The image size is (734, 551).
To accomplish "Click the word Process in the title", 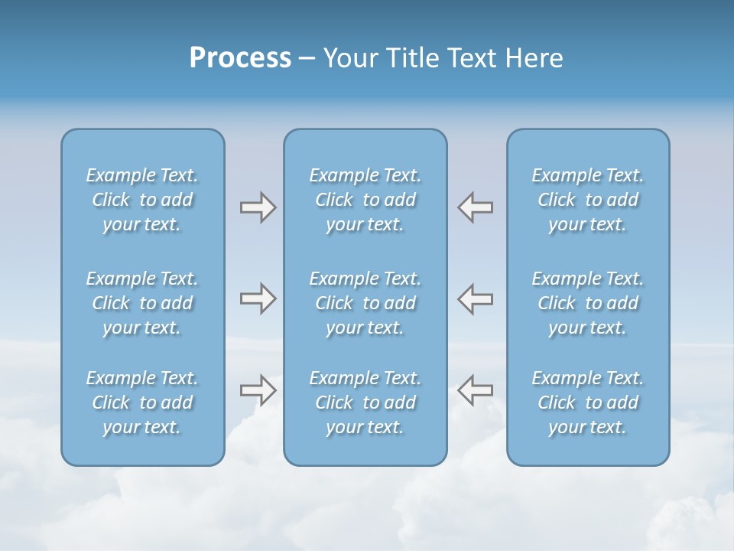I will point(240,58).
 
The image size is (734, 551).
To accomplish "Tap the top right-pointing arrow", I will point(258,207).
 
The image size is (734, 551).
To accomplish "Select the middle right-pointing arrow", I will point(258,298).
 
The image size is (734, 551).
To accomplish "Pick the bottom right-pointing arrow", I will point(258,390).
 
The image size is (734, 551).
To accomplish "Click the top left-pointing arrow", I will point(476,207).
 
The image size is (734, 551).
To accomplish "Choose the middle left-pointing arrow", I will point(476,298).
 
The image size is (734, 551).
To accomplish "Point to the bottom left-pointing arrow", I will point(476,390).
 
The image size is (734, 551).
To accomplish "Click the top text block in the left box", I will point(142,200).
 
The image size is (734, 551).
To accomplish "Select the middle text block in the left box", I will point(142,303).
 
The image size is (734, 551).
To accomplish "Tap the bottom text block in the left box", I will point(142,403).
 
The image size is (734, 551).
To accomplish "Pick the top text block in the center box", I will point(365,200).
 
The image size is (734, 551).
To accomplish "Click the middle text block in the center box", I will point(365,303).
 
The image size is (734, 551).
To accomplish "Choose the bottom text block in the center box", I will point(365,403).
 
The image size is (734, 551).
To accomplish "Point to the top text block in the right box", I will point(587,200).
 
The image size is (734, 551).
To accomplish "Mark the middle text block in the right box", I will point(587,303).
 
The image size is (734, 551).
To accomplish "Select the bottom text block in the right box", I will point(587,403).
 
